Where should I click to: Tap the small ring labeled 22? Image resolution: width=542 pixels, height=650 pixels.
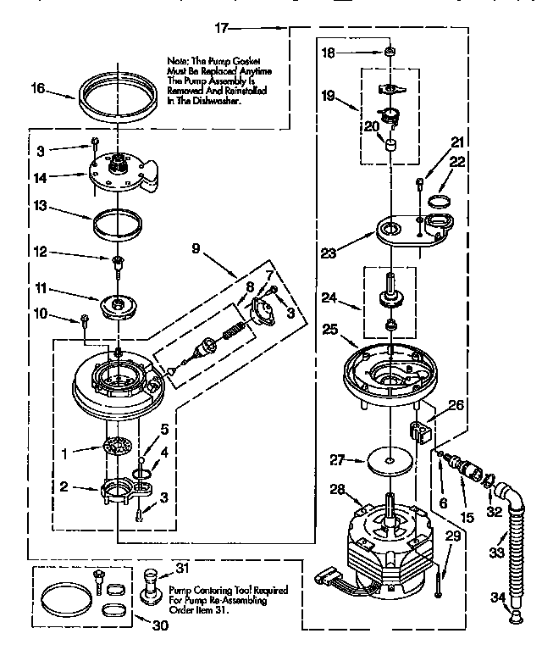pyautogui.click(x=440, y=202)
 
